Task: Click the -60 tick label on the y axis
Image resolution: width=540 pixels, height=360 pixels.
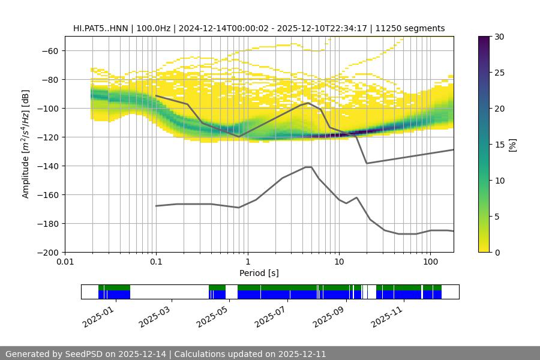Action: point(49,50)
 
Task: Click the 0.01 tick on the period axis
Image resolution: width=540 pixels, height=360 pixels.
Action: point(65,262)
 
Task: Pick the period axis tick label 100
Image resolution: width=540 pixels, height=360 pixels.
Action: point(430,262)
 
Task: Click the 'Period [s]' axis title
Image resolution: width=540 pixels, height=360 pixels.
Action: point(259,273)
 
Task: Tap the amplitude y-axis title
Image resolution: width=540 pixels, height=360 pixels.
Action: point(25,144)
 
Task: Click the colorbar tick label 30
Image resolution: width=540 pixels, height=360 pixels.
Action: point(499,37)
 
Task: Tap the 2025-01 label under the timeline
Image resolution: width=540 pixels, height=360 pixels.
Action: point(97,316)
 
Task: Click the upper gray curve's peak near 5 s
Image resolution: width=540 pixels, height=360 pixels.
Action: point(308,103)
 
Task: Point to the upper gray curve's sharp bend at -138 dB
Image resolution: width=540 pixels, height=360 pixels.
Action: point(367,163)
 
